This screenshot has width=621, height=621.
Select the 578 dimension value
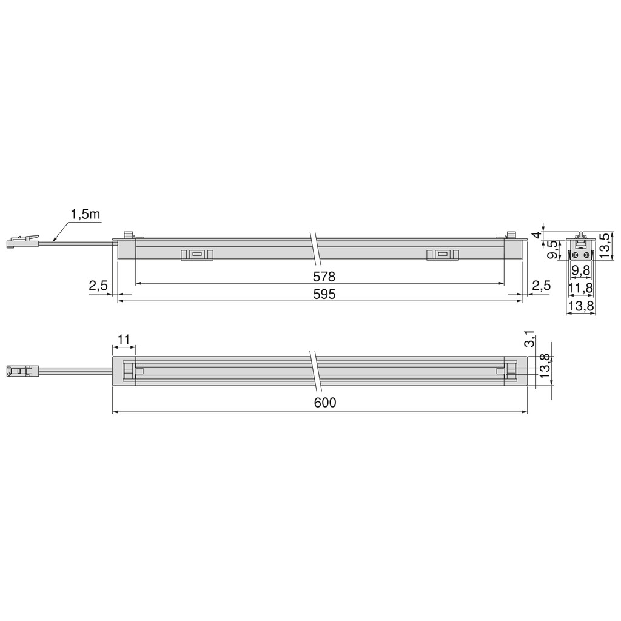click(324, 277)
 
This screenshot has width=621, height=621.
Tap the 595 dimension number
click(324, 294)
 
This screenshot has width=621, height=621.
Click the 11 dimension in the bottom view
click(124, 340)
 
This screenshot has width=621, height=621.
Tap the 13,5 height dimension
click(605, 245)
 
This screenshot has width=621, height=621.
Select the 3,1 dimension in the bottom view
click(529, 338)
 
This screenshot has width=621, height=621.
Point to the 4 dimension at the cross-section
click(535, 235)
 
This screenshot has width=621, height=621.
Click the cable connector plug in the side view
click(22, 241)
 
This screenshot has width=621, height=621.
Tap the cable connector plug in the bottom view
click(22, 371)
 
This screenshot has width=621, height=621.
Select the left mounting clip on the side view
click(197, 255)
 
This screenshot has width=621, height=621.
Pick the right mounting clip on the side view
click(442, 255)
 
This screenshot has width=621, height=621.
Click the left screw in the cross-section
click(577, 255)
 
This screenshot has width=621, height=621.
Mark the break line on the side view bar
click(315, 248)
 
